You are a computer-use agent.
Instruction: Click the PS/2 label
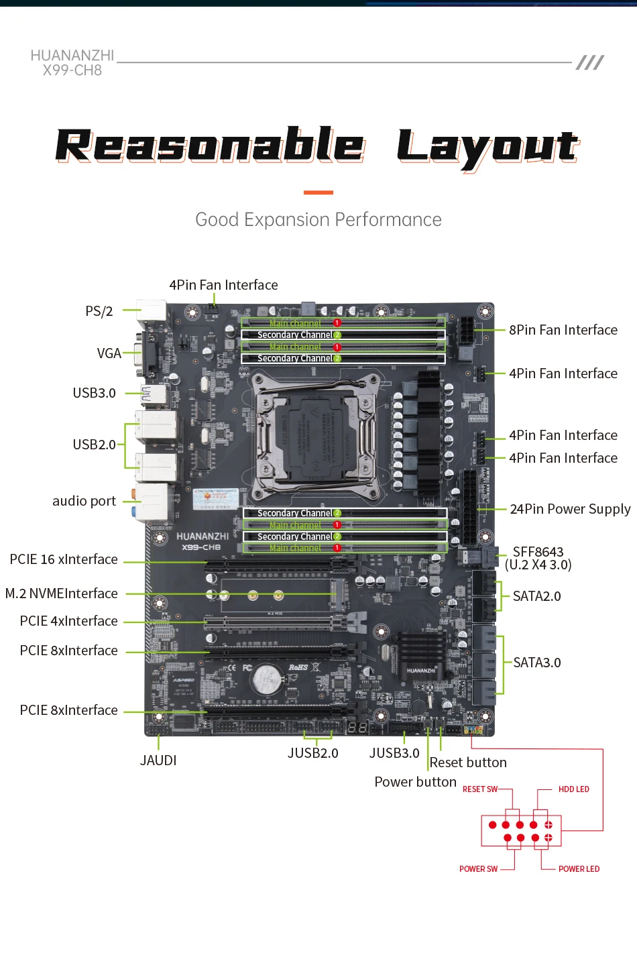click(x=99, y=311)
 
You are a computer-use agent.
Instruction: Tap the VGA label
click(x=109, y=353)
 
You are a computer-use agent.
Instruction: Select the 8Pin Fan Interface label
click(x=563, y=330)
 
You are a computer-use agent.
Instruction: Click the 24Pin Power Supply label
click(x=570, y=509)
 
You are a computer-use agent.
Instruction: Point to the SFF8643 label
click(x=538, y=552)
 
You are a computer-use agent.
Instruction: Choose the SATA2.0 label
click(x=536, y=596)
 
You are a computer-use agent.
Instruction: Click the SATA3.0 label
click(x=536, y=663)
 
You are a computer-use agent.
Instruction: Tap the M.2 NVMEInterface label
click(x=62, y=594)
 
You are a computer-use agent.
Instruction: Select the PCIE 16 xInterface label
click(x=64, y=559)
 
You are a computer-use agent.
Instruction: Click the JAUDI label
click(x=158, y=760)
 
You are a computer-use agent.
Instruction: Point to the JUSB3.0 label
click(x=394, y=753)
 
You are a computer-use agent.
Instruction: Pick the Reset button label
click(x=468, y=763)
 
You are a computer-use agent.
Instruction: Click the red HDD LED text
click(x=573, y=789)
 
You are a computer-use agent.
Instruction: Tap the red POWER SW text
click(x=478, y=869)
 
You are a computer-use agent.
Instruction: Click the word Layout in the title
click(x=487, y=147)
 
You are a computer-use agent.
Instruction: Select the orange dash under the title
click(x=318, y=192)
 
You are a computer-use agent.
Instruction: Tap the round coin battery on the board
click(x=266, y=680)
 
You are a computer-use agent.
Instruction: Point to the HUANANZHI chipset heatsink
click(x=421, y=654)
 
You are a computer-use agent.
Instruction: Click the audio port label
click(x=84, y=501)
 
